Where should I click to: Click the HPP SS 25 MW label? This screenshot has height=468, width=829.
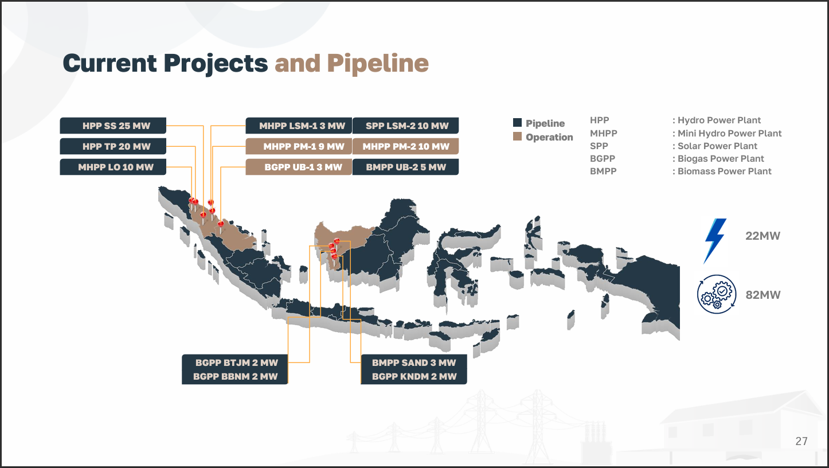click(x=113, y=126)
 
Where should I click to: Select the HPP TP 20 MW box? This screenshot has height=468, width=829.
click(x=113, y=146)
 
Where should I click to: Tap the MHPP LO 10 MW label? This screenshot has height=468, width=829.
click(x=113, y=167)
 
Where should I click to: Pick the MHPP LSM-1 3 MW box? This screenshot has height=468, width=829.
click(x=299, y=126)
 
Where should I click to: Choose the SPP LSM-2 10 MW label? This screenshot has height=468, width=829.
click(x=406, y=126)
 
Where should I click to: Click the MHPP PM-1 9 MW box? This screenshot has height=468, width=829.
click(x=299, y=146)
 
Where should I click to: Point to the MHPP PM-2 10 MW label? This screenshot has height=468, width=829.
click(x=406, y=146)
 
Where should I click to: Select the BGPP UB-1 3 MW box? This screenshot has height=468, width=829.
click(x=299, y=167)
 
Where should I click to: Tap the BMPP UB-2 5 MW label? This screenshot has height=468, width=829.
click(x=406, y=167)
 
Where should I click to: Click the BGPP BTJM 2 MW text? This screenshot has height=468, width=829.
click(x=236, y=362)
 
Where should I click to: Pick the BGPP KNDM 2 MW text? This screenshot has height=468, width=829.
click(x=414, y=376)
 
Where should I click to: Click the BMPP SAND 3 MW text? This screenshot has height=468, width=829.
click(x=414, y=362)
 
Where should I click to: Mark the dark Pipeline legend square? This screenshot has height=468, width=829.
click(x=517, y=123)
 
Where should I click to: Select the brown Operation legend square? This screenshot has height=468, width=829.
click(x=517, y=136)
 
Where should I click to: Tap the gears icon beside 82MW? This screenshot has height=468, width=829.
click(x=717, y=294)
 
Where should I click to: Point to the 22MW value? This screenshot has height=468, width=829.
click(x=762, y=236)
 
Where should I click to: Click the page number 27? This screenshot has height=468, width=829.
click(x=801, y=441)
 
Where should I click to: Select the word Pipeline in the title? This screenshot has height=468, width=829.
click(x=378, y=64)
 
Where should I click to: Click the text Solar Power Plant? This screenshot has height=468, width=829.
click(x=717, y=146)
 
